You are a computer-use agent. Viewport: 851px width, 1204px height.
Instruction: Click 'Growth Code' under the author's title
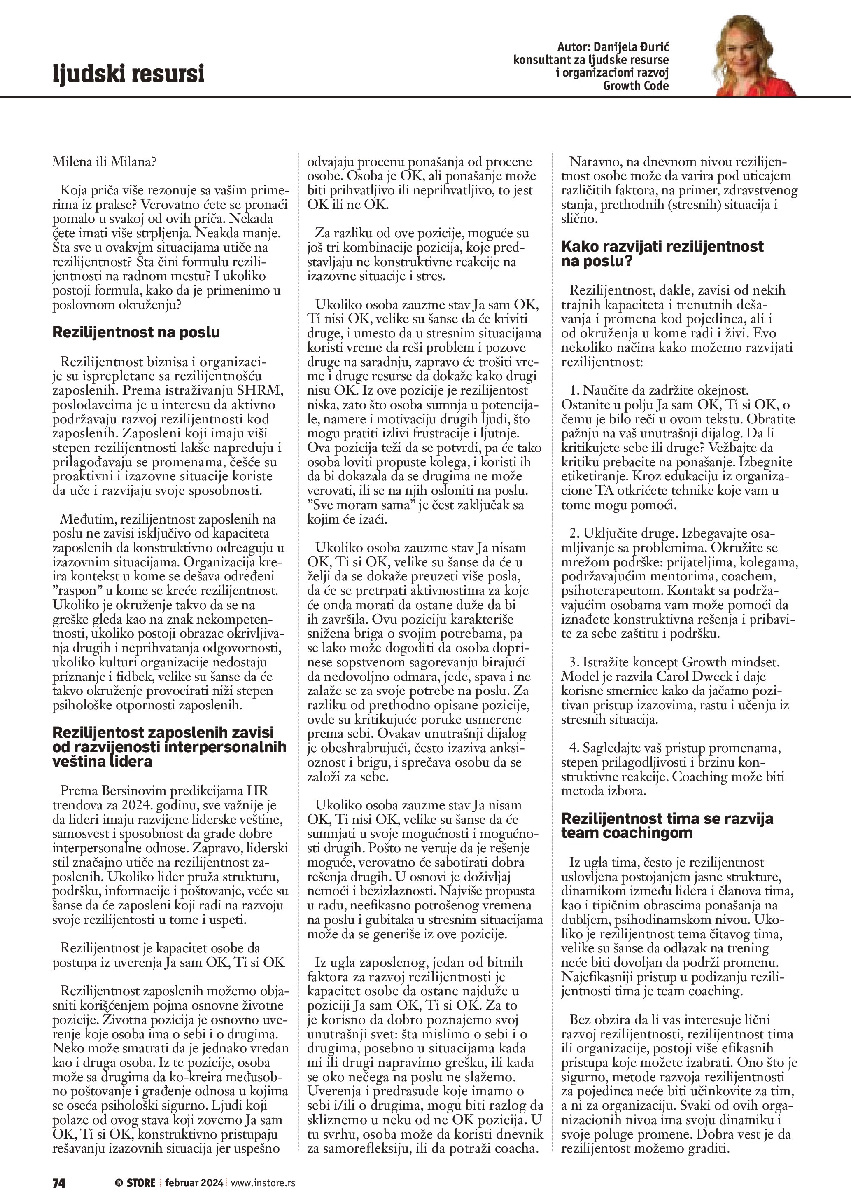pyautogui.click(x=636, y=86)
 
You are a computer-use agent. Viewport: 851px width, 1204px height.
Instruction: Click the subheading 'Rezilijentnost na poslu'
pyautogui.click(x=136, y=332)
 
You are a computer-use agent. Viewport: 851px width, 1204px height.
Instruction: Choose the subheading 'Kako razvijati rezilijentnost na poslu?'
pyautogui.click(x=662, y=253)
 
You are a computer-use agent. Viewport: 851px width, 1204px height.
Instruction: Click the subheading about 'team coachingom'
pyautogui.click(x=667, y=825)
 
